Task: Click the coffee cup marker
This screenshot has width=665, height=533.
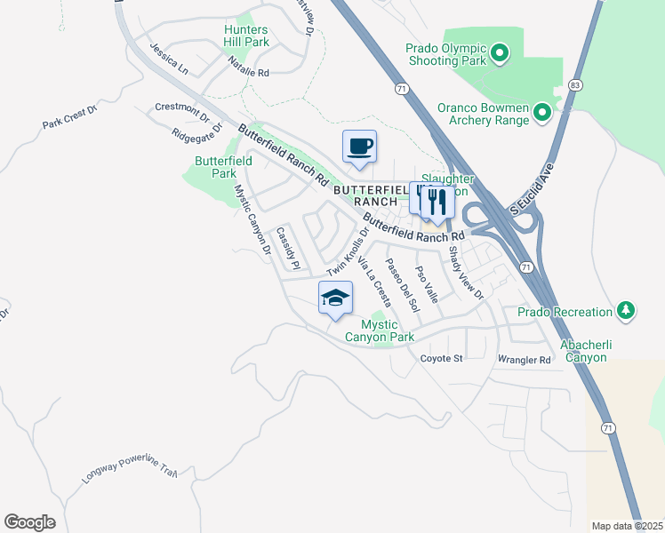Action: [x=359, y=147]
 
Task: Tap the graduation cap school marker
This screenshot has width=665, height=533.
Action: [x=335, y=298]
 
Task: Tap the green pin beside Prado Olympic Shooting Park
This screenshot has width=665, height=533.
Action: [x=500, y=54]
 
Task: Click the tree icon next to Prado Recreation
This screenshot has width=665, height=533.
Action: [x=627, y=311]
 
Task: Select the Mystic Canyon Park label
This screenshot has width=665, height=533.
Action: [x=380, y=330]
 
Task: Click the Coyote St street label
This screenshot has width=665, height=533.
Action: [x=442, y=359]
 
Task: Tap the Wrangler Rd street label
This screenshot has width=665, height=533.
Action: [x=525, y=360]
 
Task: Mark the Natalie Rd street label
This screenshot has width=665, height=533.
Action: [x=248, y=67]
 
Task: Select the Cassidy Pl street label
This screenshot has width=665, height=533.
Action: [x=288, y=248]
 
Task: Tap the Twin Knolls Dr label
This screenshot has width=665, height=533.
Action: [x=347, y=251]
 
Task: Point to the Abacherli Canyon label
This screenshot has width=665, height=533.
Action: [x=596, y=351]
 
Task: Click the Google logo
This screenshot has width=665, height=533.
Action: [x=29, y=521]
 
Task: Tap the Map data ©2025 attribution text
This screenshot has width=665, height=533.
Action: [x=626, y=526]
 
